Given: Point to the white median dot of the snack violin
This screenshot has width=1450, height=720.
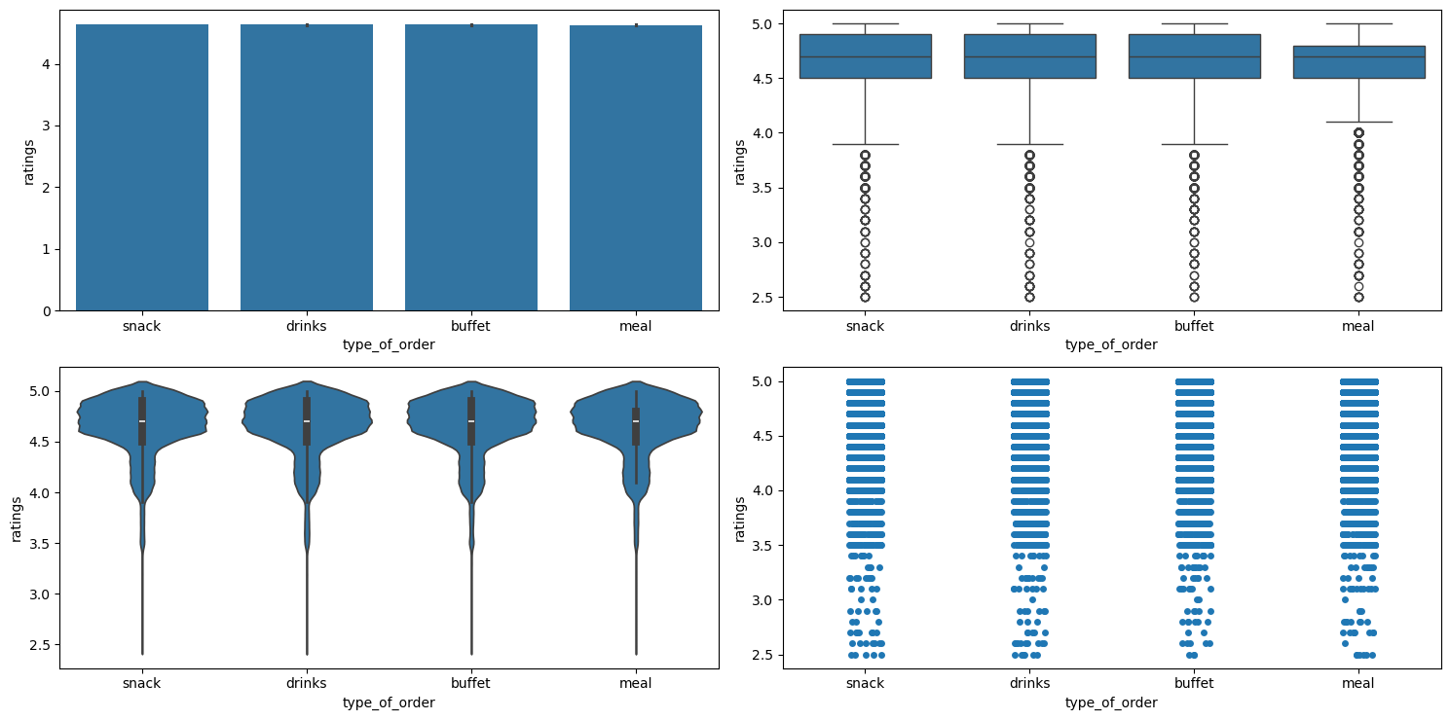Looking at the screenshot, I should pos(142,421).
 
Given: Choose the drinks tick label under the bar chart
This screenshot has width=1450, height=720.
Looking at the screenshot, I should pos(307,326).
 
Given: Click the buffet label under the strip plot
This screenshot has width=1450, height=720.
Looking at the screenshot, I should pos(1194,684).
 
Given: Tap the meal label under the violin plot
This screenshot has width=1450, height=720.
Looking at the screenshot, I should pos(636,684).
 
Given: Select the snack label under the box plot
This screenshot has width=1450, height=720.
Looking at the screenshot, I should pos(866,326).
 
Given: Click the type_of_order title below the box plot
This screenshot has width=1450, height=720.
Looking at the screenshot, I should pos(1111,344).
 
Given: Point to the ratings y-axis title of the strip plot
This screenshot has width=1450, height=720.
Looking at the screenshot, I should pos(740,519).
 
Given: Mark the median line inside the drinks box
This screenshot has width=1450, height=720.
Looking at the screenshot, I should pos(1029,56).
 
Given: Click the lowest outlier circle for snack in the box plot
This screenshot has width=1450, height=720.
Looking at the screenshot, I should pos(866,297).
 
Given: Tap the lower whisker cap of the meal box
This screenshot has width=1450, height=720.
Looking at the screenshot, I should pos(1358,122).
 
